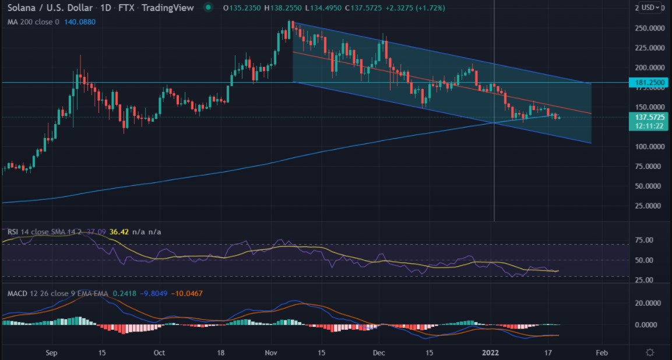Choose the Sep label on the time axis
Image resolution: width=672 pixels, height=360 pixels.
51,353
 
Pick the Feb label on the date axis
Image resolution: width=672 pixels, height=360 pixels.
602,353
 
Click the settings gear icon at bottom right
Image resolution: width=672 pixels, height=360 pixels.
650,352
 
